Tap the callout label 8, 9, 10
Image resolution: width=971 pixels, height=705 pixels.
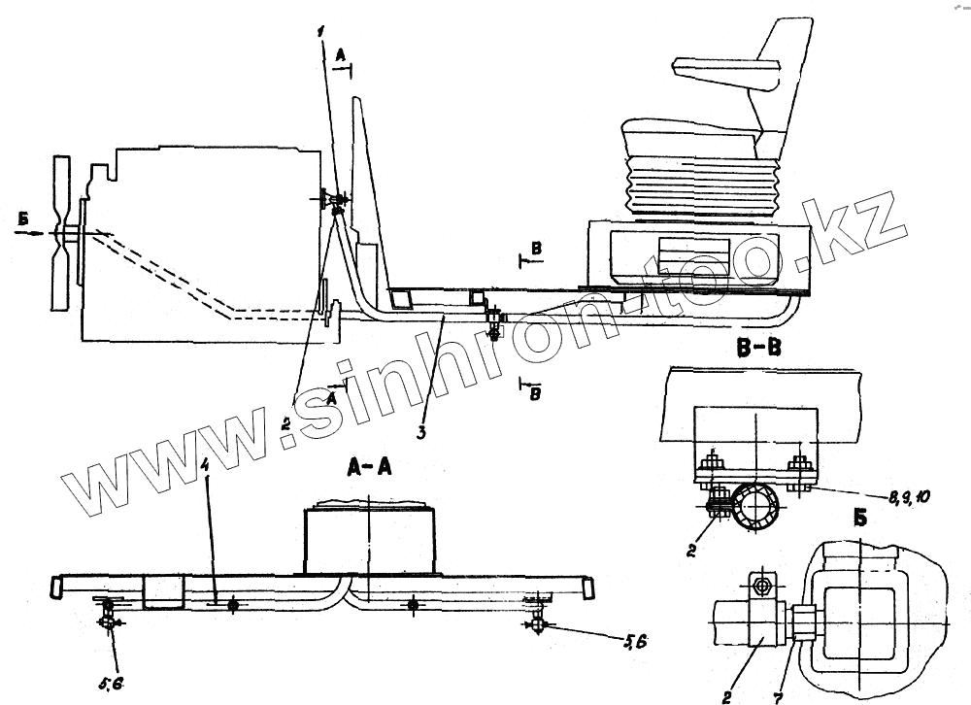click(x=909, y=497)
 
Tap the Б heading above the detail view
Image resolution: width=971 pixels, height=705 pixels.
click(x=861, y=517)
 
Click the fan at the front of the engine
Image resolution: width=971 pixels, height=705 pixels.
click(x=61, y=233)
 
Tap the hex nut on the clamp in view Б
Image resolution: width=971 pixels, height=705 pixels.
click(x=760, y=587)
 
